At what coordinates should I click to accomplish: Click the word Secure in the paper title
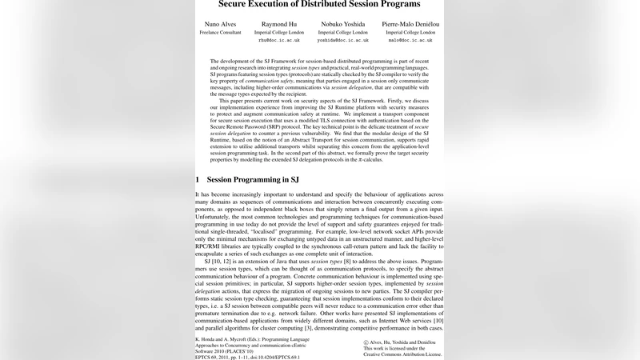215,4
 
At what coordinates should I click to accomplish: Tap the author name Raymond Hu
280,25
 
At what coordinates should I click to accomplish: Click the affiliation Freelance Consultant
221,33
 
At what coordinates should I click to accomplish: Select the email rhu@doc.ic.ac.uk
280,40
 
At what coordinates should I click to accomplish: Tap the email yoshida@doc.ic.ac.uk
342,40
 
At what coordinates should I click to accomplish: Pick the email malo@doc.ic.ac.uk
410,40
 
